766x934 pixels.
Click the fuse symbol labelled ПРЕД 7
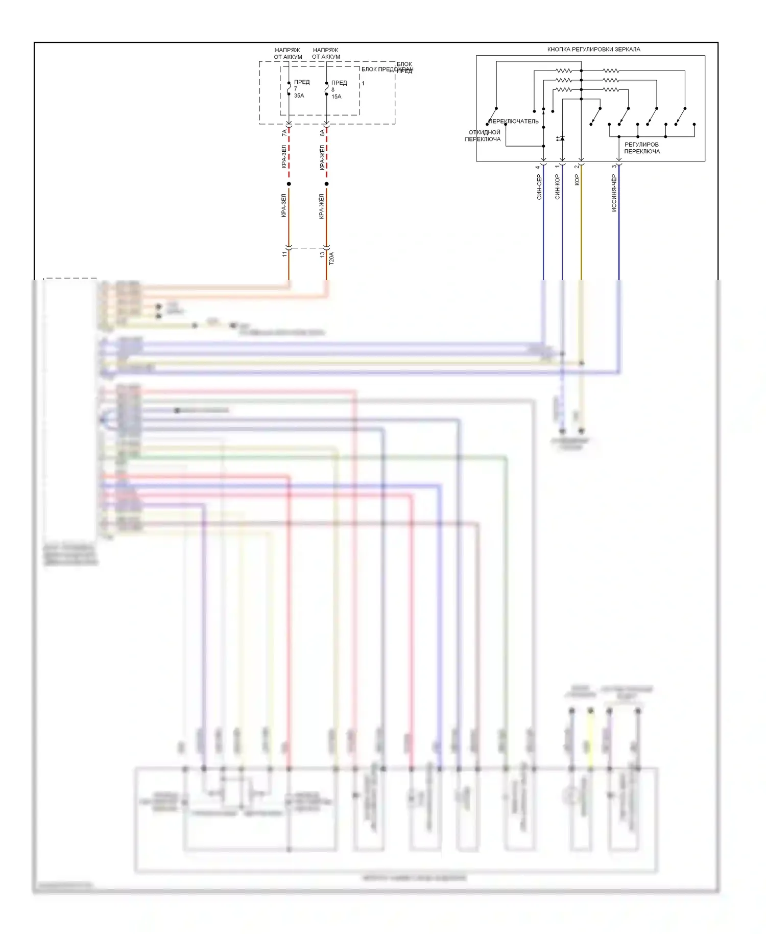click(x=289, y=88)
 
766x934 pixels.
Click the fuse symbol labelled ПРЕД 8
click(x=327, y=89)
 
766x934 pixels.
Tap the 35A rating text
click(x=299, y=96)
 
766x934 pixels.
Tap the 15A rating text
click(x=336, y=97)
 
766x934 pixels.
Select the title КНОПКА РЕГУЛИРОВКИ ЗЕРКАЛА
click(x=593, y=50)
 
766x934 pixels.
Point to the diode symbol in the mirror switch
click(x=562, y=138)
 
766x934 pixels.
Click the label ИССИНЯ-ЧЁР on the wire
click(x=614, y=193)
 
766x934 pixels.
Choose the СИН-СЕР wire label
click(x=539, y=186)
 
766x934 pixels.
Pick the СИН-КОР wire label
click(x=557, y=186)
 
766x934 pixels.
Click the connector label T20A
click(x=331, y=258)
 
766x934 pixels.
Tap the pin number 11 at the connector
click(x=284, y=254)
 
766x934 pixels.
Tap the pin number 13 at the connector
click(x=322, y=254)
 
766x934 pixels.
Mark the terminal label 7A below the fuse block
click(x=284, y=133)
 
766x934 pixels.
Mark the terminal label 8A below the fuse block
click(x=322, y=133)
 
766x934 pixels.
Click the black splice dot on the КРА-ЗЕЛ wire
click(x=289, y=184)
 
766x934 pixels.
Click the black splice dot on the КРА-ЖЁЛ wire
click(x=327, y=184)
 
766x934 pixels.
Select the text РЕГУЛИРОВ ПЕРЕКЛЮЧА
click(x=642, y=148)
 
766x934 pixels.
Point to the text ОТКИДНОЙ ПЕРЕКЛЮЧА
click(x=483, y=135)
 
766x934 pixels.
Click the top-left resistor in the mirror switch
click(x=564, y=71)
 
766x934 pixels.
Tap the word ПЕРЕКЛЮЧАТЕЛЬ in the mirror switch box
click(x=514, y=122)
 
